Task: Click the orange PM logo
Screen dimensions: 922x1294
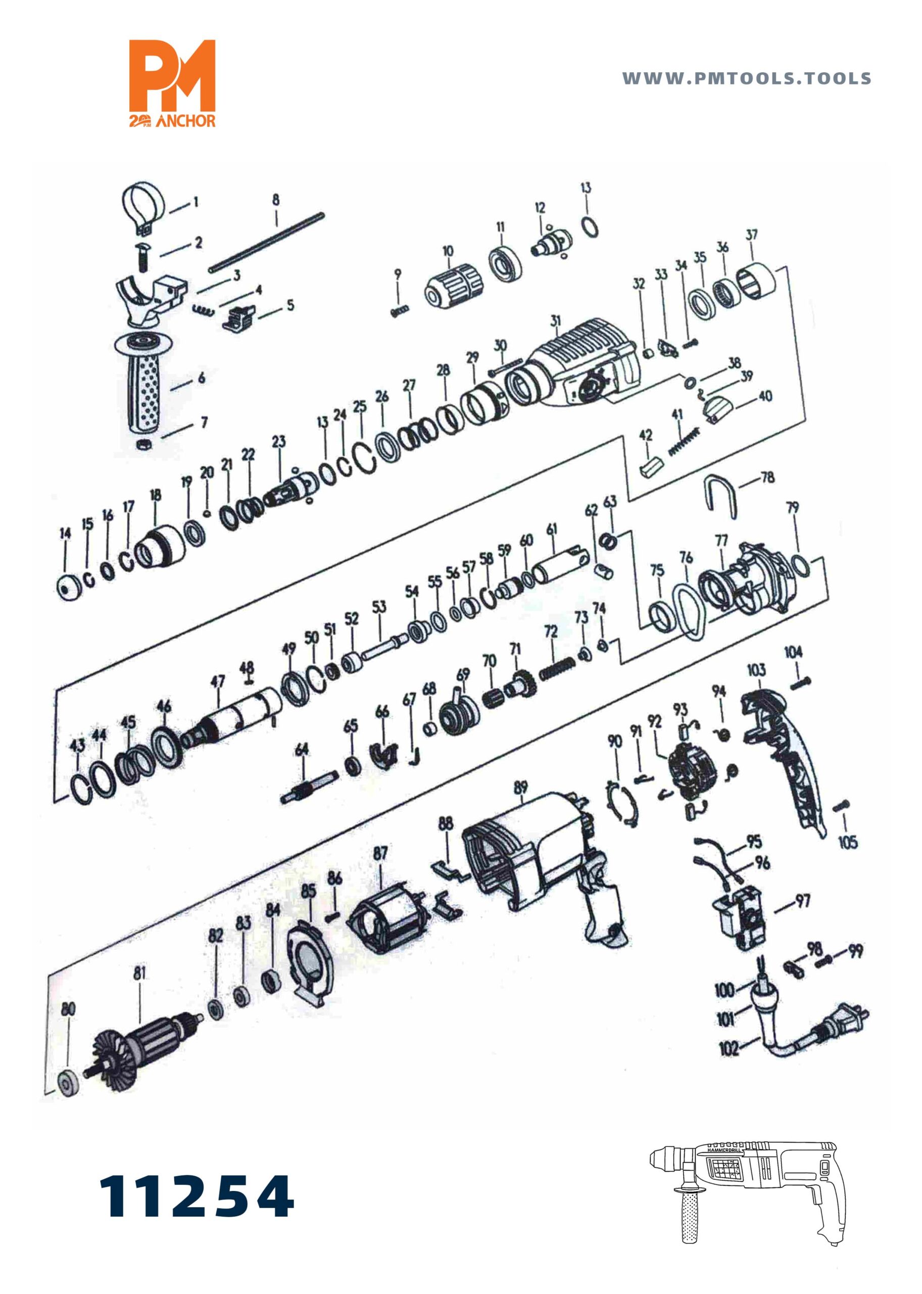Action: tap(173, 83)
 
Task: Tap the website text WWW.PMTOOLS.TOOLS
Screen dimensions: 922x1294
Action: tap(747, 78)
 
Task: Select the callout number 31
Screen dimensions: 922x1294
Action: tap(555, 321)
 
